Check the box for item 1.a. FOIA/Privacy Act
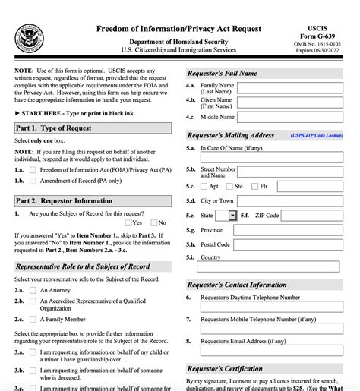coord(33,171)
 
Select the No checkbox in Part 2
coord(153,222)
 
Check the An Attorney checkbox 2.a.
coord(33,291)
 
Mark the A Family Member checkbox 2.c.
coord(33,320)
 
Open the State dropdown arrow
coord(232,216)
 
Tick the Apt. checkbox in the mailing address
coord(205,186)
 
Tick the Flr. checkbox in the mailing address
coord(255,186)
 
